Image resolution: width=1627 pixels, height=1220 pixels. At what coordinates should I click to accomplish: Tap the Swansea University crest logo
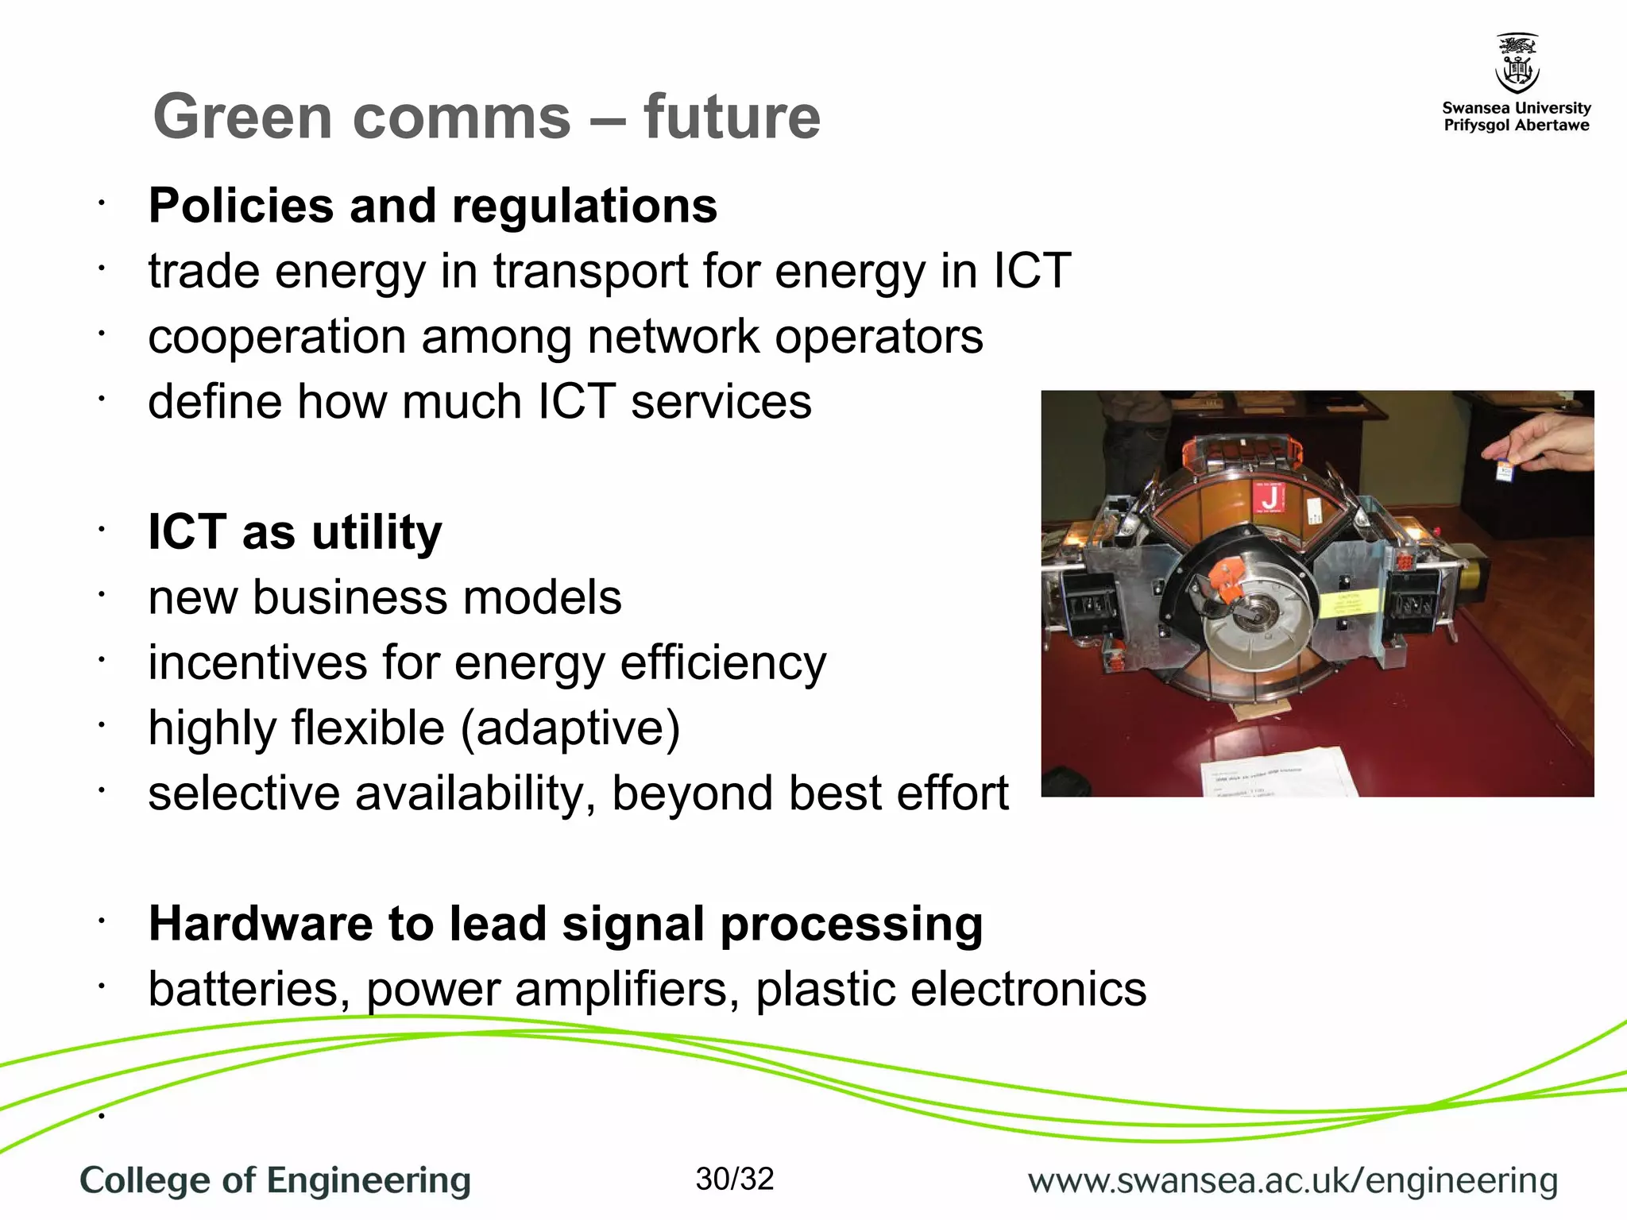click(x=1517, y=64)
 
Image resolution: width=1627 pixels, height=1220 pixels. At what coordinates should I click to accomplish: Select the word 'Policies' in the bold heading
click(x=241, y=207)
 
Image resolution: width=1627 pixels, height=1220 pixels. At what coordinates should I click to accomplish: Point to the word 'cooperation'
click(x=276, y=338)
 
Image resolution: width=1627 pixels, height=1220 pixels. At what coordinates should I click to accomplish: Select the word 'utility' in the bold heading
click(x=377, y=532)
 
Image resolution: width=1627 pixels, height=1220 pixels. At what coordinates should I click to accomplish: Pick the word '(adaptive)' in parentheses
click(x=570, y=729)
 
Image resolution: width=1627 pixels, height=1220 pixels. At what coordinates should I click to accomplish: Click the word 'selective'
click(x=243, y=793)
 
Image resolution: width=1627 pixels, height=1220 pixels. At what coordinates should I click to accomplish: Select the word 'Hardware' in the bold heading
click(x=259, y=924)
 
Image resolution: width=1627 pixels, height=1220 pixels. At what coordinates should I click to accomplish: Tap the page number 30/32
click(x=734, y=1179)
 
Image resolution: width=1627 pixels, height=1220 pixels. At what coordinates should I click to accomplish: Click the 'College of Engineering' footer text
click(x=275, y=1180)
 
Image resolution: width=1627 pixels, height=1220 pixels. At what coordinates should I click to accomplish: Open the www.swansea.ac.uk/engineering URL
click(x=1292, y=1180)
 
